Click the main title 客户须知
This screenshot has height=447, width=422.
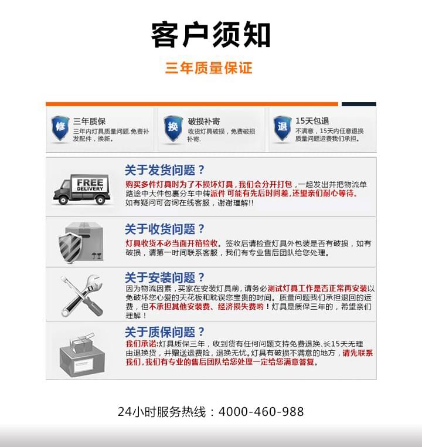(x=210, y=35)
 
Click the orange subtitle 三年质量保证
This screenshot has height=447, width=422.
(x=209, y=68)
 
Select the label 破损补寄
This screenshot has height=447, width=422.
(x=203, y=121)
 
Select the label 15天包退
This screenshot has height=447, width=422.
(x=312, y=121)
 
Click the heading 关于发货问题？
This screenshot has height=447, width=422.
(x=165, y=171)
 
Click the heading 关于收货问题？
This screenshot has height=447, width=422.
(x=165, y=229)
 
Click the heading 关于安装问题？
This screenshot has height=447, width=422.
(x=165, y=277)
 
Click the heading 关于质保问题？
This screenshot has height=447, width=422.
(x=165, y=331)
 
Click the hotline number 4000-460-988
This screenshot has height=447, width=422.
(x=261, y=412)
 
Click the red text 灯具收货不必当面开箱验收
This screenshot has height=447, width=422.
(x=173, y=243)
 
